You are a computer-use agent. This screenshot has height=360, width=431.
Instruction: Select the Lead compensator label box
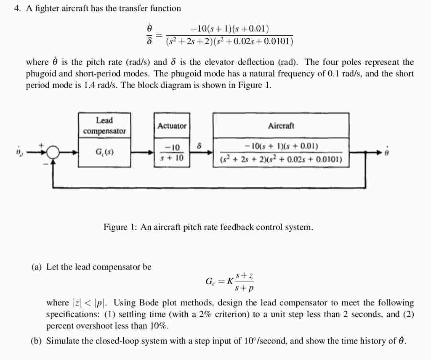coord(104,125)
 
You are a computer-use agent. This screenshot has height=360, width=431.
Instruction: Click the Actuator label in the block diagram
coord(172,126)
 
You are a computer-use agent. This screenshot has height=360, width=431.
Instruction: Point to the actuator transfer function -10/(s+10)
coord(172,152)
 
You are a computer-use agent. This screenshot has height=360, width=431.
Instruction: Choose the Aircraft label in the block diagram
coord(281,126)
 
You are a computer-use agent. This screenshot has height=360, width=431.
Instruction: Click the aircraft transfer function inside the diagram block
coord(281,153)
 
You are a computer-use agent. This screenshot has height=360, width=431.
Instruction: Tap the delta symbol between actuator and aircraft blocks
coord(200,146)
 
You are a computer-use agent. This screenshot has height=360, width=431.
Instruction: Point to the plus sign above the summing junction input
coord(41,145)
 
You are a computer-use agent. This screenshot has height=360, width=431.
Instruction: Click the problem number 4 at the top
coord(17,8)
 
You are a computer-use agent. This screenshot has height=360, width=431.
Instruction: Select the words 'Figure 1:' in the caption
coord(120,227)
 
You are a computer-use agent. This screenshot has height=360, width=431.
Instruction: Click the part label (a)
coord(37,267)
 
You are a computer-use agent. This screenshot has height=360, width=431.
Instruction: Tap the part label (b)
coord(37,341)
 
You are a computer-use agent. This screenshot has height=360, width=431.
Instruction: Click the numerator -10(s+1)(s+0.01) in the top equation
coord(229,29)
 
